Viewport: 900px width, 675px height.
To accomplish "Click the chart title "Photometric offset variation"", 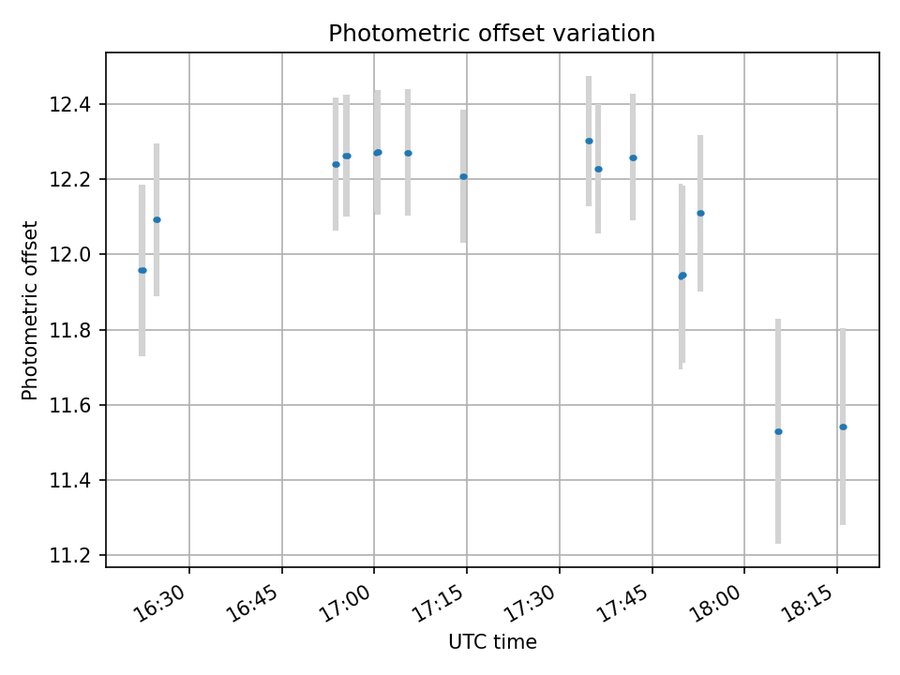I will coord(491,34).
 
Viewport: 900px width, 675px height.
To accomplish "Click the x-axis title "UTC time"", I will coord(492,642).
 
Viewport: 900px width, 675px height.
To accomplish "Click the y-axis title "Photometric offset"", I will coord(30,310).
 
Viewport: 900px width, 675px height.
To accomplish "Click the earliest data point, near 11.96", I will coord(142,270).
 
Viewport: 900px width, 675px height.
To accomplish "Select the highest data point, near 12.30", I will coord(589,141).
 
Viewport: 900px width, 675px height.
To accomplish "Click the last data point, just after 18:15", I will coord(843,427).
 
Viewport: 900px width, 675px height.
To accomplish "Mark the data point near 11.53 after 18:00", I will coord(778,431).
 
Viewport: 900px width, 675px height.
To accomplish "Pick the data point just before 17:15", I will coord(463,176).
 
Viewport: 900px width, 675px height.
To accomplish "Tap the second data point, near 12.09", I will coord(157,219).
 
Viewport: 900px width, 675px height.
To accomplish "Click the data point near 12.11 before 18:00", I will coord(700,213).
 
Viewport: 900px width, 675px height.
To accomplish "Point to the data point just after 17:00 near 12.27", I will coord(378,152).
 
